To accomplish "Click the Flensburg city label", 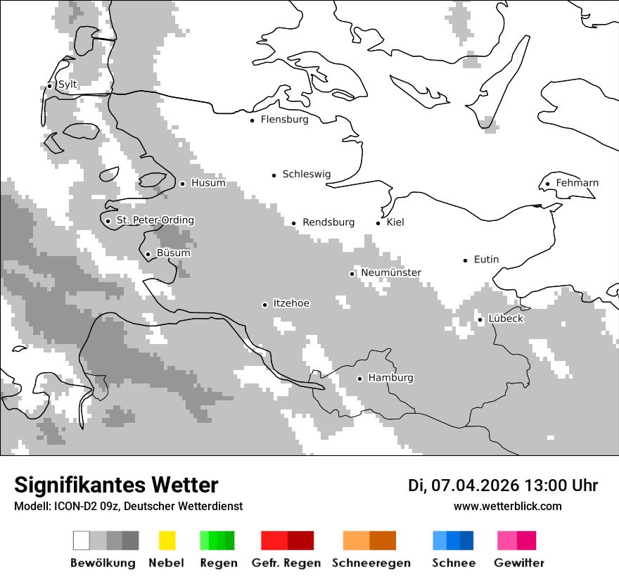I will [284, 120].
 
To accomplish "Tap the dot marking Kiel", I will [378, 223].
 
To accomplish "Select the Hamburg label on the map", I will [390, 378].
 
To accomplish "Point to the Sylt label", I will [68, 84].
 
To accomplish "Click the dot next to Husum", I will [182, 184].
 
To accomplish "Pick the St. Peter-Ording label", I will [155, 220].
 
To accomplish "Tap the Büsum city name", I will [173, 253].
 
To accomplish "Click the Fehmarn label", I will [577, 183].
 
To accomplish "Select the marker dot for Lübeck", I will [480, 319].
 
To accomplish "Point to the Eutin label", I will [486, 260].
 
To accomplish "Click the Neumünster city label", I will [391, 272].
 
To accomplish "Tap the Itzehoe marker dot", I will [264, 305].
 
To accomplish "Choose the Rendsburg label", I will [328, 222].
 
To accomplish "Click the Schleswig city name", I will [306, 174].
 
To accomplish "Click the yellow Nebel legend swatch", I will [167, 540].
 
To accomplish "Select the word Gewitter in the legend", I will [519, 563].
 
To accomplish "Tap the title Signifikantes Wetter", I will [116, 485].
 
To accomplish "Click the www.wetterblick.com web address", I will [507, 507].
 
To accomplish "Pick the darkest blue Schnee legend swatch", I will [467, 540].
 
